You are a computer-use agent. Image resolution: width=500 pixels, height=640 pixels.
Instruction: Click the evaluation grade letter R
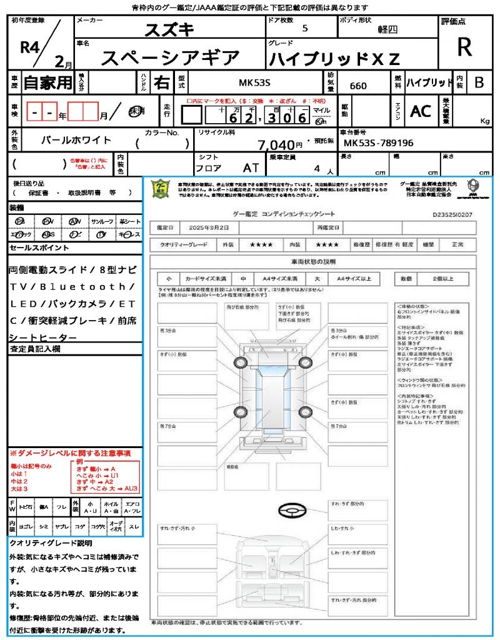pyautogui.click(x=464, y=47)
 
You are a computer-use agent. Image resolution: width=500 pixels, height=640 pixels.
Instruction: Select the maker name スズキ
pyautogui.click(x=169, y=29)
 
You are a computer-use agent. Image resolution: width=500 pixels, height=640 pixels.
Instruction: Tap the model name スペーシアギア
pyautogui.click(x=170, y=58)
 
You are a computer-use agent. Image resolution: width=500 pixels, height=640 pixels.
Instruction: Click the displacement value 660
pyautogui.click(x=358, y=86)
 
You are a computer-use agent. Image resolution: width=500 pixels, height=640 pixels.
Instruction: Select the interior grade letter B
pyautogui.click(x=479, y=82)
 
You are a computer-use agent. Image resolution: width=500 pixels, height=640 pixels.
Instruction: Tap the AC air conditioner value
pyautogui.click(x=421, y=111)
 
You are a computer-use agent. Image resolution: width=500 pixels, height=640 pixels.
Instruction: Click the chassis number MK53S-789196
pyautogui.click(x=379, y=144)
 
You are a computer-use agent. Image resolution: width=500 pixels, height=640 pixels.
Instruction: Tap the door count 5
pyautogui.click(x=305, y=29)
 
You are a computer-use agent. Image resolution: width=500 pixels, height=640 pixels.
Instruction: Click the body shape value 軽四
pyautogui.click(x=387, y=29)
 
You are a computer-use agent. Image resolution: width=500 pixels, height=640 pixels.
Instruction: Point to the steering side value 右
pyautogui.click(x=161, y=82)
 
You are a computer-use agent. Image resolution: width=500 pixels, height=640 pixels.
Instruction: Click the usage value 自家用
pyautogui.click(x=47, y=82)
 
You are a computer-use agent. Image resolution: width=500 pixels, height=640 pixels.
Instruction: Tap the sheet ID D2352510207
pyautogui.click(x=452, y=214)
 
